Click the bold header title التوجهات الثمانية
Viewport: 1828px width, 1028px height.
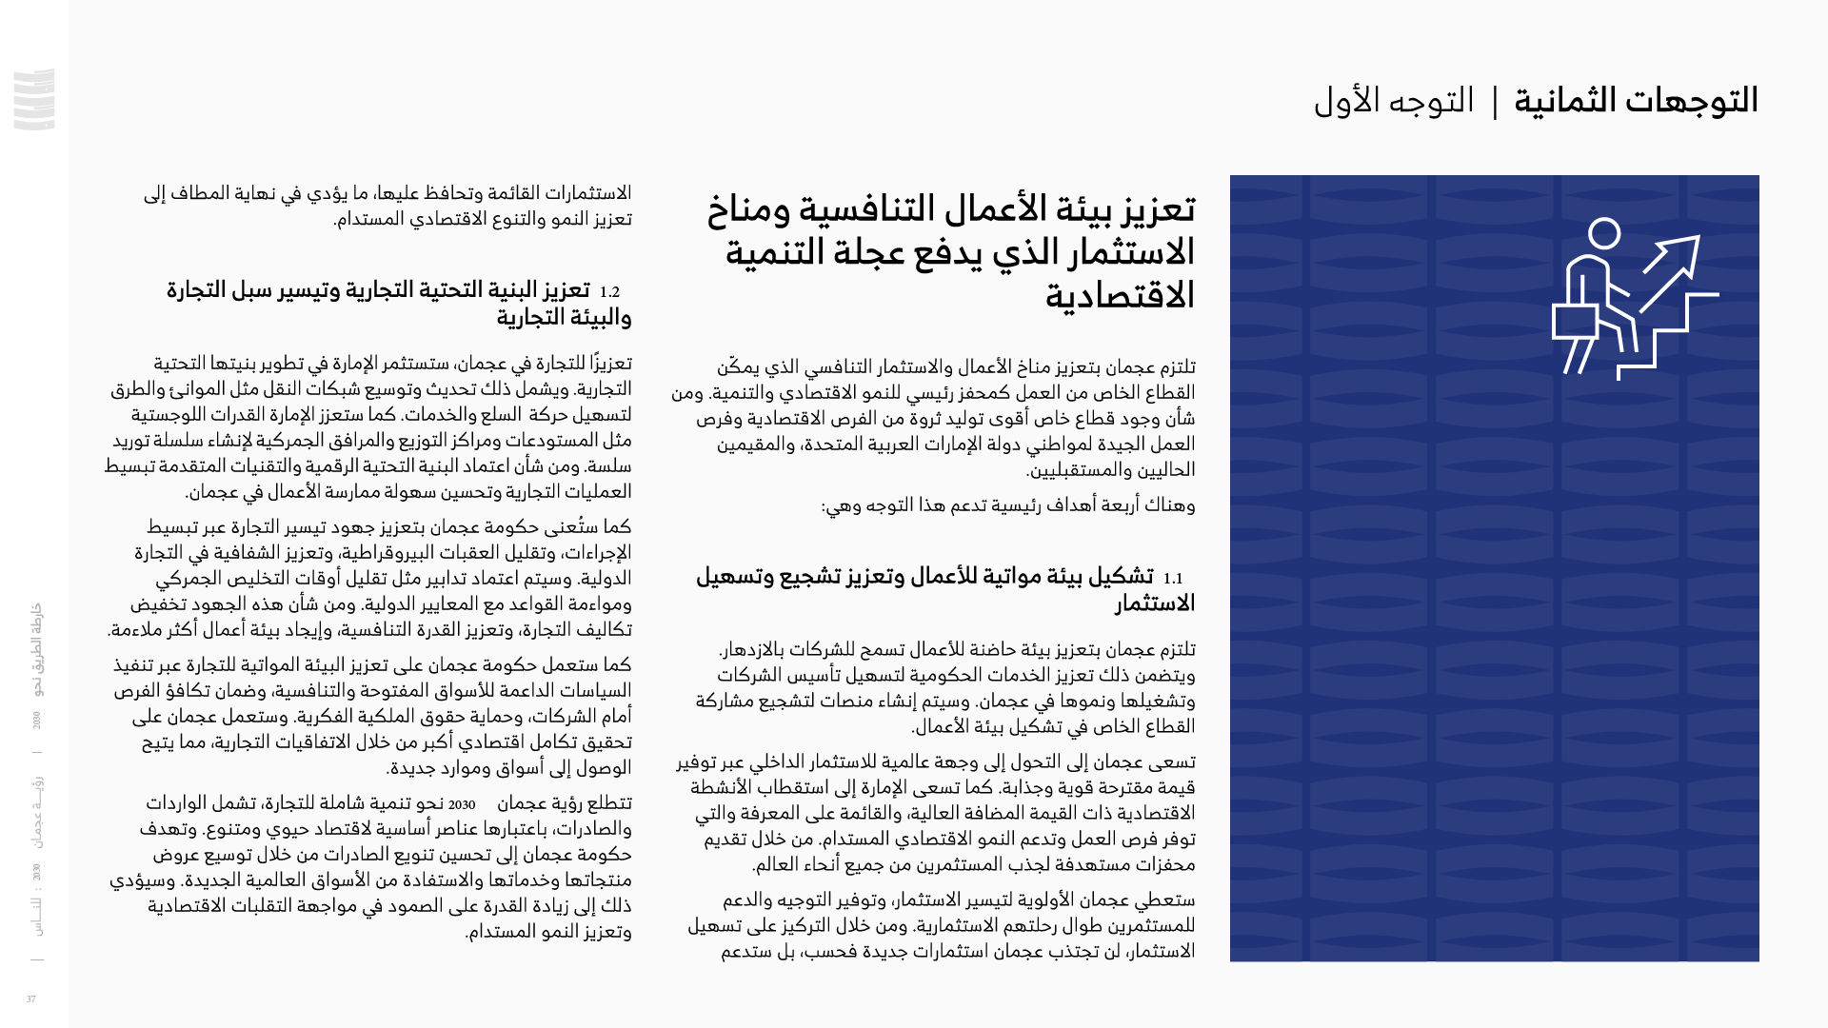(x=1636, y=101)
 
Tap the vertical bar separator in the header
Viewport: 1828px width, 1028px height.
(x=1495, y=102)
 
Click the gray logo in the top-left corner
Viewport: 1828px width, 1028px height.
(x=34, y=99)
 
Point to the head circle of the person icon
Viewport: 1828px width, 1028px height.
(x=1604, y=233)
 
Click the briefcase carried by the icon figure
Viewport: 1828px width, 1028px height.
(x=1575, y=322)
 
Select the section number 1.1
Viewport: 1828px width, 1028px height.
(x=1172, y=578)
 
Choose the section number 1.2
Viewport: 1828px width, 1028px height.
(x=609, y=292)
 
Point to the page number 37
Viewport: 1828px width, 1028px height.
(x=31, y=999)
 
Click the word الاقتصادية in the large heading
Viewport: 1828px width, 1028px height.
(x=1120, y=296)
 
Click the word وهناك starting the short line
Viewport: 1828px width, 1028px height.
(x=1169, y=505)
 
